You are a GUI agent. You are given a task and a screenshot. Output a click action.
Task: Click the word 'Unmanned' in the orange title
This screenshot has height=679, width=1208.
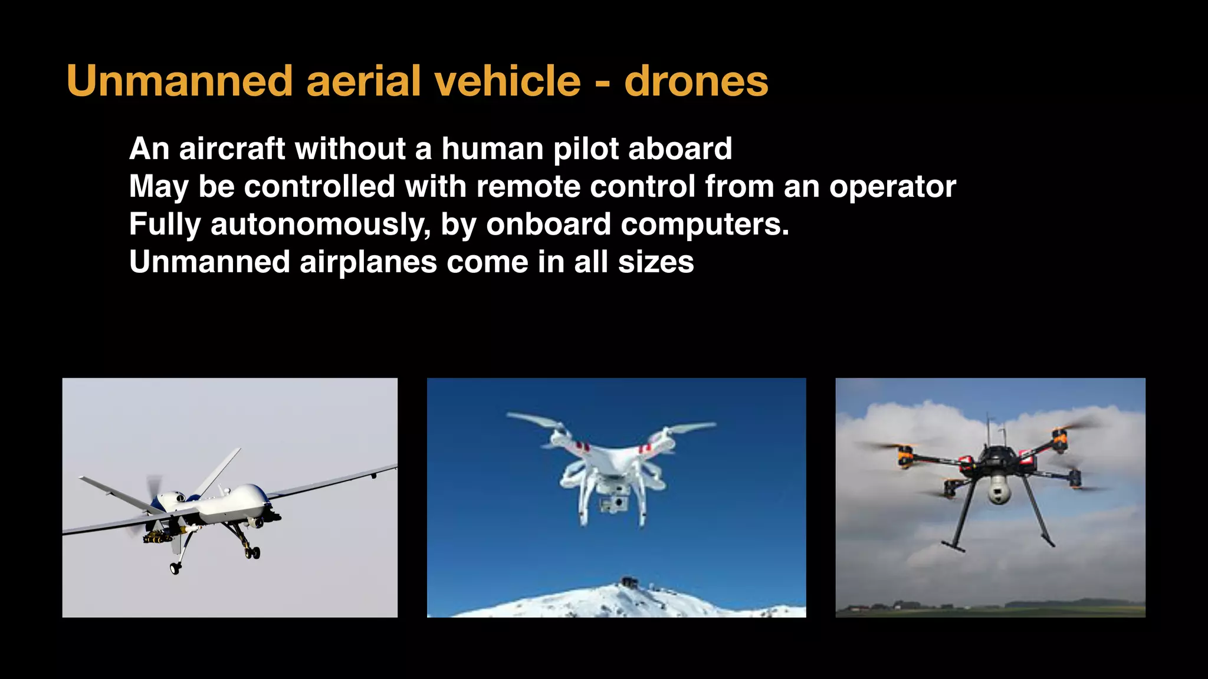(x=179, y=81)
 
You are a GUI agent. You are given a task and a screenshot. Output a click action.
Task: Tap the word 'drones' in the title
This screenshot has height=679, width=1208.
(x=696, y=81)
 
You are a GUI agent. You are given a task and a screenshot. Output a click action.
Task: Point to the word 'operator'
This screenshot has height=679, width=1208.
(x=892, y=187)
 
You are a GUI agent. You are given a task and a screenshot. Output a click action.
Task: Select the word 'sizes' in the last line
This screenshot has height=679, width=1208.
(x=656, y=262)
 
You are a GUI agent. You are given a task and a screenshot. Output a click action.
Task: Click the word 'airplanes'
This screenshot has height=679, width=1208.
(x=368, y=262)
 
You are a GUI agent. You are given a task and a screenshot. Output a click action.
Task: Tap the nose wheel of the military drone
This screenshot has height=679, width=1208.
(x=175, y=568)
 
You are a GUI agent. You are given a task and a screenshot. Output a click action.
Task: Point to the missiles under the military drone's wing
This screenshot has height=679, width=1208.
(x=157, y=537)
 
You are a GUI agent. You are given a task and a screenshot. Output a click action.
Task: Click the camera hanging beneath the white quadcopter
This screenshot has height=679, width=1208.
(x=613, y=503)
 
